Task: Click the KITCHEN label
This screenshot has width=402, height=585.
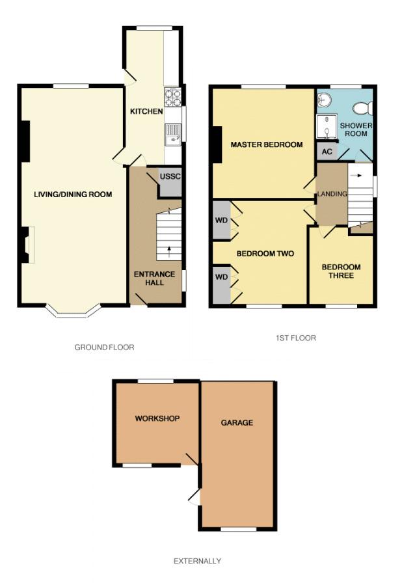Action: click(146, 111)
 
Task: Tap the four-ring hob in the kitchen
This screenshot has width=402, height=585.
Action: click(172, 97)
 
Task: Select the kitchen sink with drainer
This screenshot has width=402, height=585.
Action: click(172, 134)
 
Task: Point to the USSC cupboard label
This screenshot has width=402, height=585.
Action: click(170, 176)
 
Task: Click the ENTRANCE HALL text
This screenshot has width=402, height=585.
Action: click(154, 279)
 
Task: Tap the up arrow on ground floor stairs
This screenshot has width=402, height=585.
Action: click(169, 252)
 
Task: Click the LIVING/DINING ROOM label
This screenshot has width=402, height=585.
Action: click(73, 195)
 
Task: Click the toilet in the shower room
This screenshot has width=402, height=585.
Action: click(363, 109)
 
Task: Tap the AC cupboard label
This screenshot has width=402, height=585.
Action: click(327, 152)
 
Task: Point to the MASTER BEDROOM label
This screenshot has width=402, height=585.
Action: click(266, 144)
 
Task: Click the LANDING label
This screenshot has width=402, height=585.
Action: click(332, 194)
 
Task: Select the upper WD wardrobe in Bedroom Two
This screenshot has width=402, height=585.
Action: click(222, 220)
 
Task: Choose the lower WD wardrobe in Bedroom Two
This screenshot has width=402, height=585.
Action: click(222, 284)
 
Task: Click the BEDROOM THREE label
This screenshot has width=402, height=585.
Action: click(342, 271)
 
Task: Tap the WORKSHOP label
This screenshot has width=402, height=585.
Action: click(157, 418)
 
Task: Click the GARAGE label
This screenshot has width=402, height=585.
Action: click(237, 422)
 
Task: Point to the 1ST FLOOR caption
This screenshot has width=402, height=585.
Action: click(296, 338)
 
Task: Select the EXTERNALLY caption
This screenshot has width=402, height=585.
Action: click(197, 561)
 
